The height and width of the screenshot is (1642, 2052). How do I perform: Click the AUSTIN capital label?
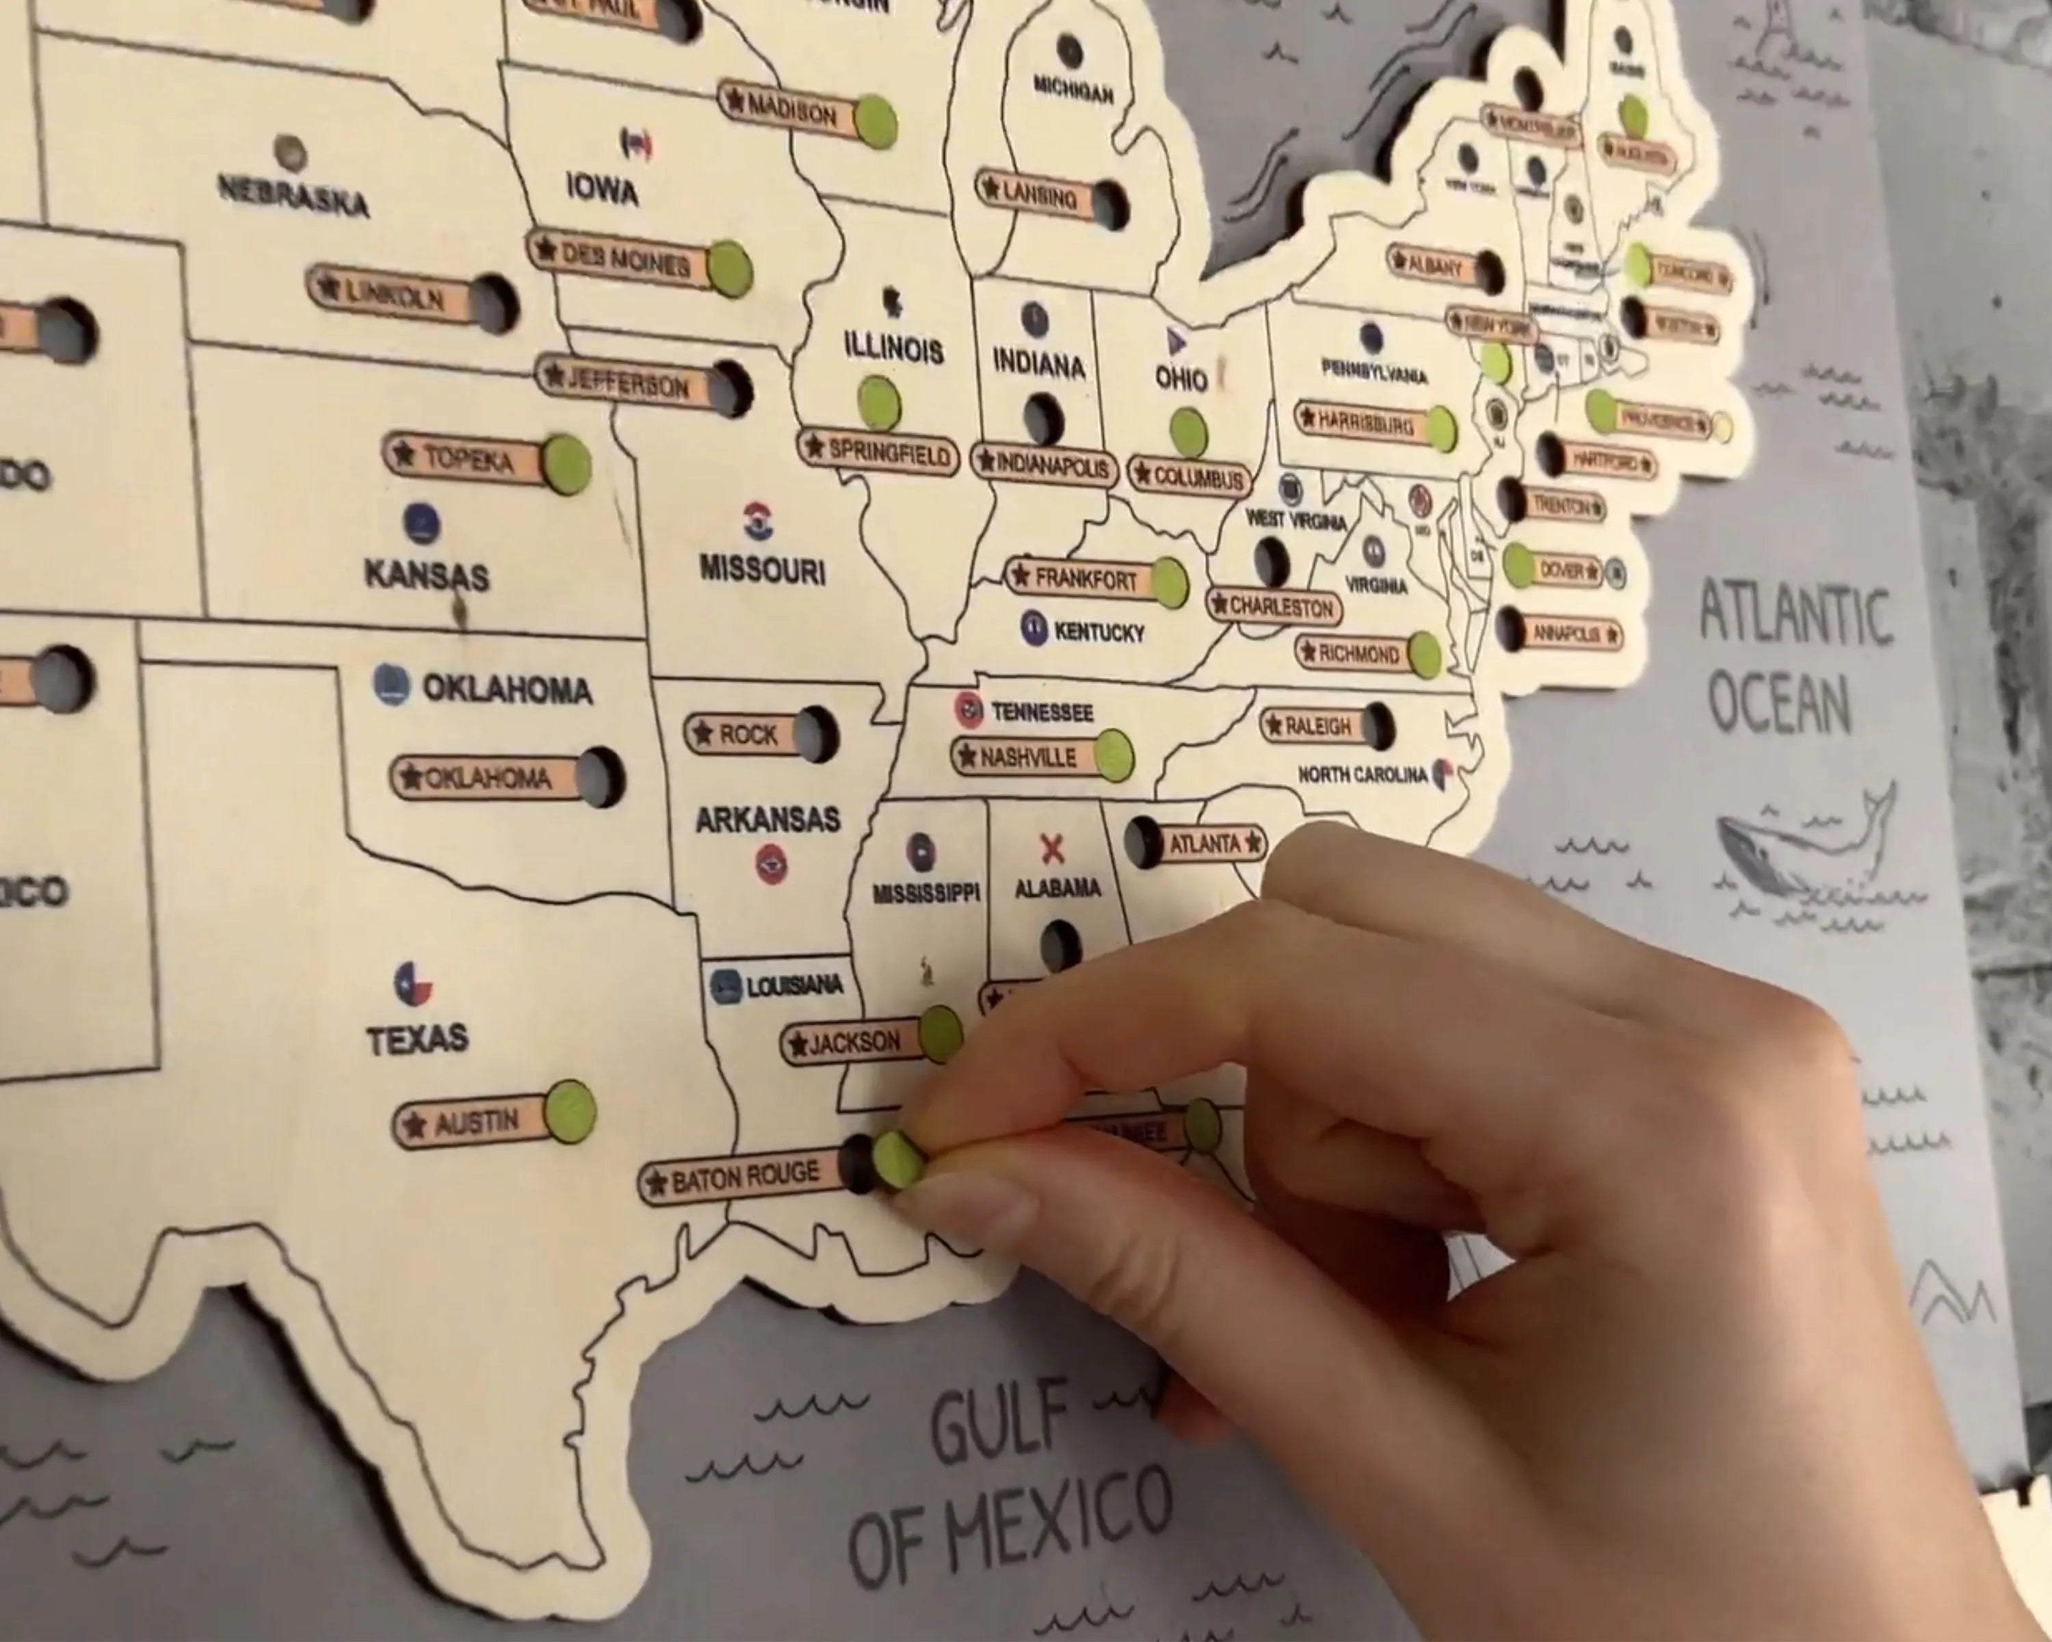pos(473,1124)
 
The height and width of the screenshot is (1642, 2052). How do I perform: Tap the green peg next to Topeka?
pos(566,465)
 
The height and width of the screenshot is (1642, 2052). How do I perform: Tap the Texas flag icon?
pos(413,983)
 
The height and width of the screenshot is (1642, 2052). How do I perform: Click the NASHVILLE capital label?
pos(1026,757)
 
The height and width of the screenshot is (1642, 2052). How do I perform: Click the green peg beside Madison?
pos(875,122)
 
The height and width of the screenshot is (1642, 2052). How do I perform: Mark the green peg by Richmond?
pos(1424,655)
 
